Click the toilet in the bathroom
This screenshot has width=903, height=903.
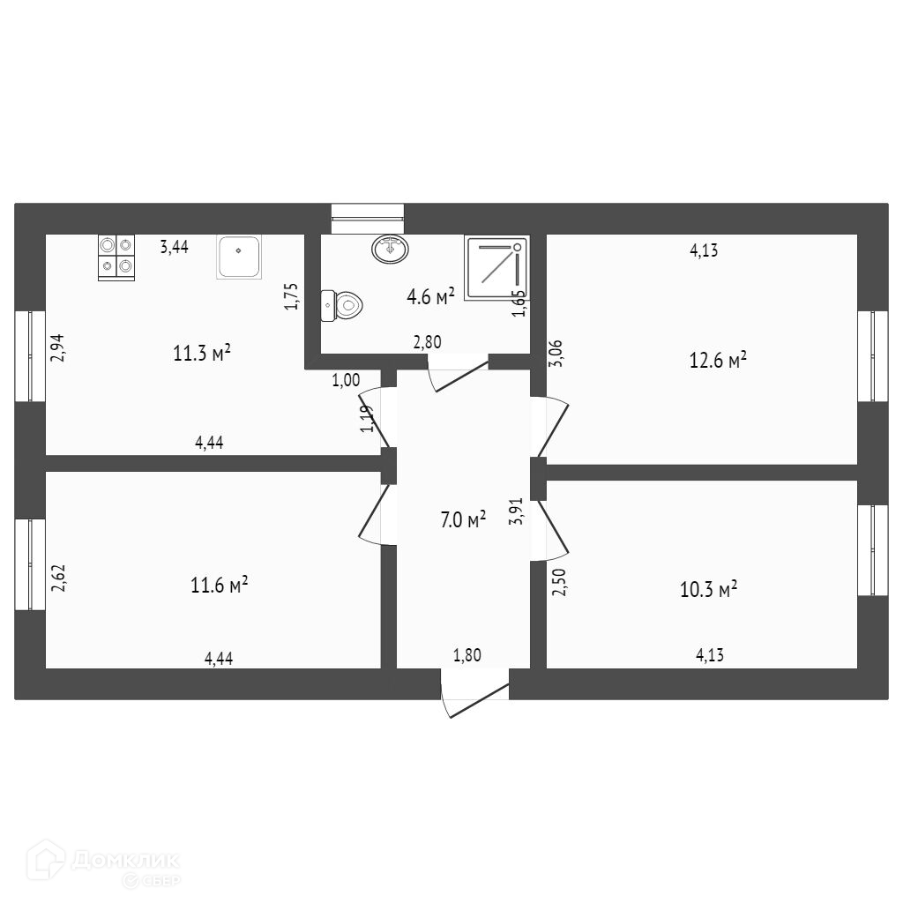tap(341, 305)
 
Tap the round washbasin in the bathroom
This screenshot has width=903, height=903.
tap(391, 249)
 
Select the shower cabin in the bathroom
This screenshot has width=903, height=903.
tap(496, 268)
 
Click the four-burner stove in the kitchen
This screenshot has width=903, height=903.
tap(116, 257)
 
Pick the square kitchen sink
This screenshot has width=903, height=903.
tap(239, 257)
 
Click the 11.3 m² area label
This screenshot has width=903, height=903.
tap(202, 353)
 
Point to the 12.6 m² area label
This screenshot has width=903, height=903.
tap(718, 361)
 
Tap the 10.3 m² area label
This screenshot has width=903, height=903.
tap(709, 589)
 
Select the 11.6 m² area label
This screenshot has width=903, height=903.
tap(220, 586)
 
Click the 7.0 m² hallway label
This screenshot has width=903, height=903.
tap(463, 519)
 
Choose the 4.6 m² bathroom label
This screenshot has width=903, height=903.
tap(430, 296)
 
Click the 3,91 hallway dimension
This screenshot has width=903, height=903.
tap(516, 511)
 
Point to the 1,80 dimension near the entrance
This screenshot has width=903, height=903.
tap(467, 655)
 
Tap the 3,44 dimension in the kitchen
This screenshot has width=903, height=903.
tap(174, 247)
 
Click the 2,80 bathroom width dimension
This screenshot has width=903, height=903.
tap(428, 342)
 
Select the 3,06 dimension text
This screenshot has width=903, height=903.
tap(557, 353)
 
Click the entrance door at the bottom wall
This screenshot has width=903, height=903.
tap(474, 693)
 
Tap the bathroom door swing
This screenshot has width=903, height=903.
tap(458, 373)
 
